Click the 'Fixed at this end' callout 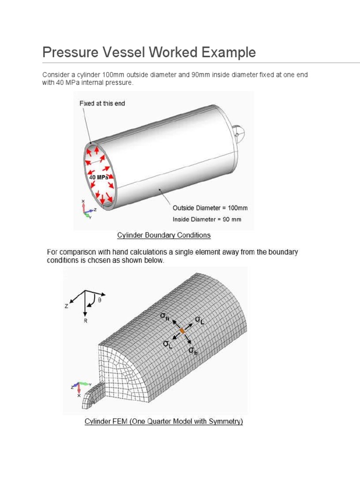coord(102,103)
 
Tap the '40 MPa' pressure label coord(99,178)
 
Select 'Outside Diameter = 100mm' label coord(210,208)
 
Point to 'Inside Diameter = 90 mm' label coord(207,219)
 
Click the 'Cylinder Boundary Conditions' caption coord(163,235)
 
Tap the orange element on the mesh coord(182,331)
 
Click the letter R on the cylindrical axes coord(85,322)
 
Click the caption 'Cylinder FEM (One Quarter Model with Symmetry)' coord(164,421)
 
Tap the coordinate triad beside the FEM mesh coord(77,387)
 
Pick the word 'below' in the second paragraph coord(154,261)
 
